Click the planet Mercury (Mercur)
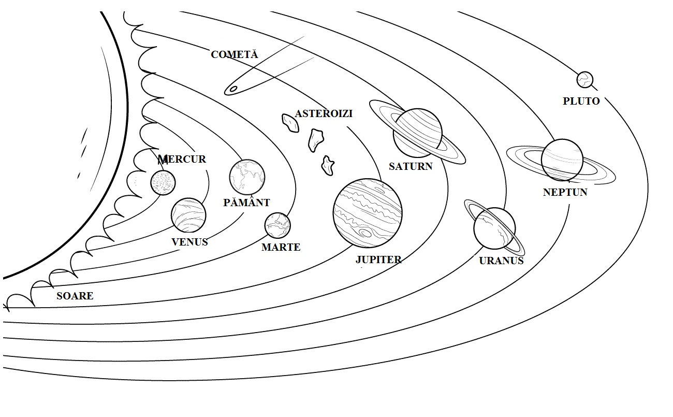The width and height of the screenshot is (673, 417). point(163,182)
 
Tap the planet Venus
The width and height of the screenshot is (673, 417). point(189,215)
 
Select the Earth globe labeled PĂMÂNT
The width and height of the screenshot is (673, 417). point(247,177)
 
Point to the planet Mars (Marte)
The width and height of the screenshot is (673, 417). point(277,225)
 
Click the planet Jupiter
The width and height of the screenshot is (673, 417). point(368,213)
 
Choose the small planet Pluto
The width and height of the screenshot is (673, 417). point(584,80)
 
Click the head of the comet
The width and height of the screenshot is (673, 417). point(233,89)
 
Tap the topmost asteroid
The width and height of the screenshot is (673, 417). point(290,122)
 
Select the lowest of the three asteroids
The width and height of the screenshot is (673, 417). point(327,164)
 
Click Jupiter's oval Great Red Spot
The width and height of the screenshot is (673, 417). point(365,234)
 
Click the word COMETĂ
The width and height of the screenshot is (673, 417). point(234,54)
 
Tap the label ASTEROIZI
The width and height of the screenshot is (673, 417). point(324,113)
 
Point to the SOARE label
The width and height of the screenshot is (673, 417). point(75,296)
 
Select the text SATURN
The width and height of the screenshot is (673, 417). point(411,166)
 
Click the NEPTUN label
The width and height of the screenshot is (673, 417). point(565,192)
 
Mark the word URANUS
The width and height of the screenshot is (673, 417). point(501,261)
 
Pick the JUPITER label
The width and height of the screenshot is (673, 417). point(378,260)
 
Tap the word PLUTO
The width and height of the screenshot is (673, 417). point(581,101)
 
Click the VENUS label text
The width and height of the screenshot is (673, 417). point(189,241)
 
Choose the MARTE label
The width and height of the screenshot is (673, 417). point(281,247)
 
